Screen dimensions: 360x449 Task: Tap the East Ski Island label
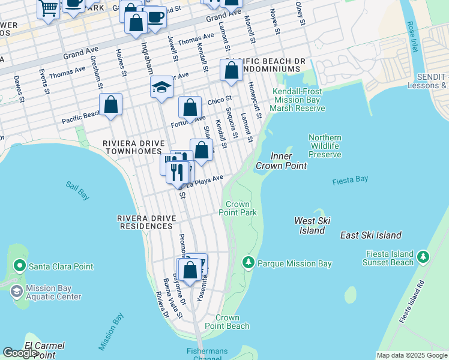[370, 235]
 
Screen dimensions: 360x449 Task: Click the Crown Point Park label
[238, 208]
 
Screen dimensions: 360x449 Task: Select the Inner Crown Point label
[281, 161]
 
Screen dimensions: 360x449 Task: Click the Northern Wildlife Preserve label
[325, 146]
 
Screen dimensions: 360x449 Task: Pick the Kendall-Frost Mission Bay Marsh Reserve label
[298, 100]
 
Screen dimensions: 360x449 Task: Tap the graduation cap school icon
[161, 88]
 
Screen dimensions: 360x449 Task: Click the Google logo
[20, 353]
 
